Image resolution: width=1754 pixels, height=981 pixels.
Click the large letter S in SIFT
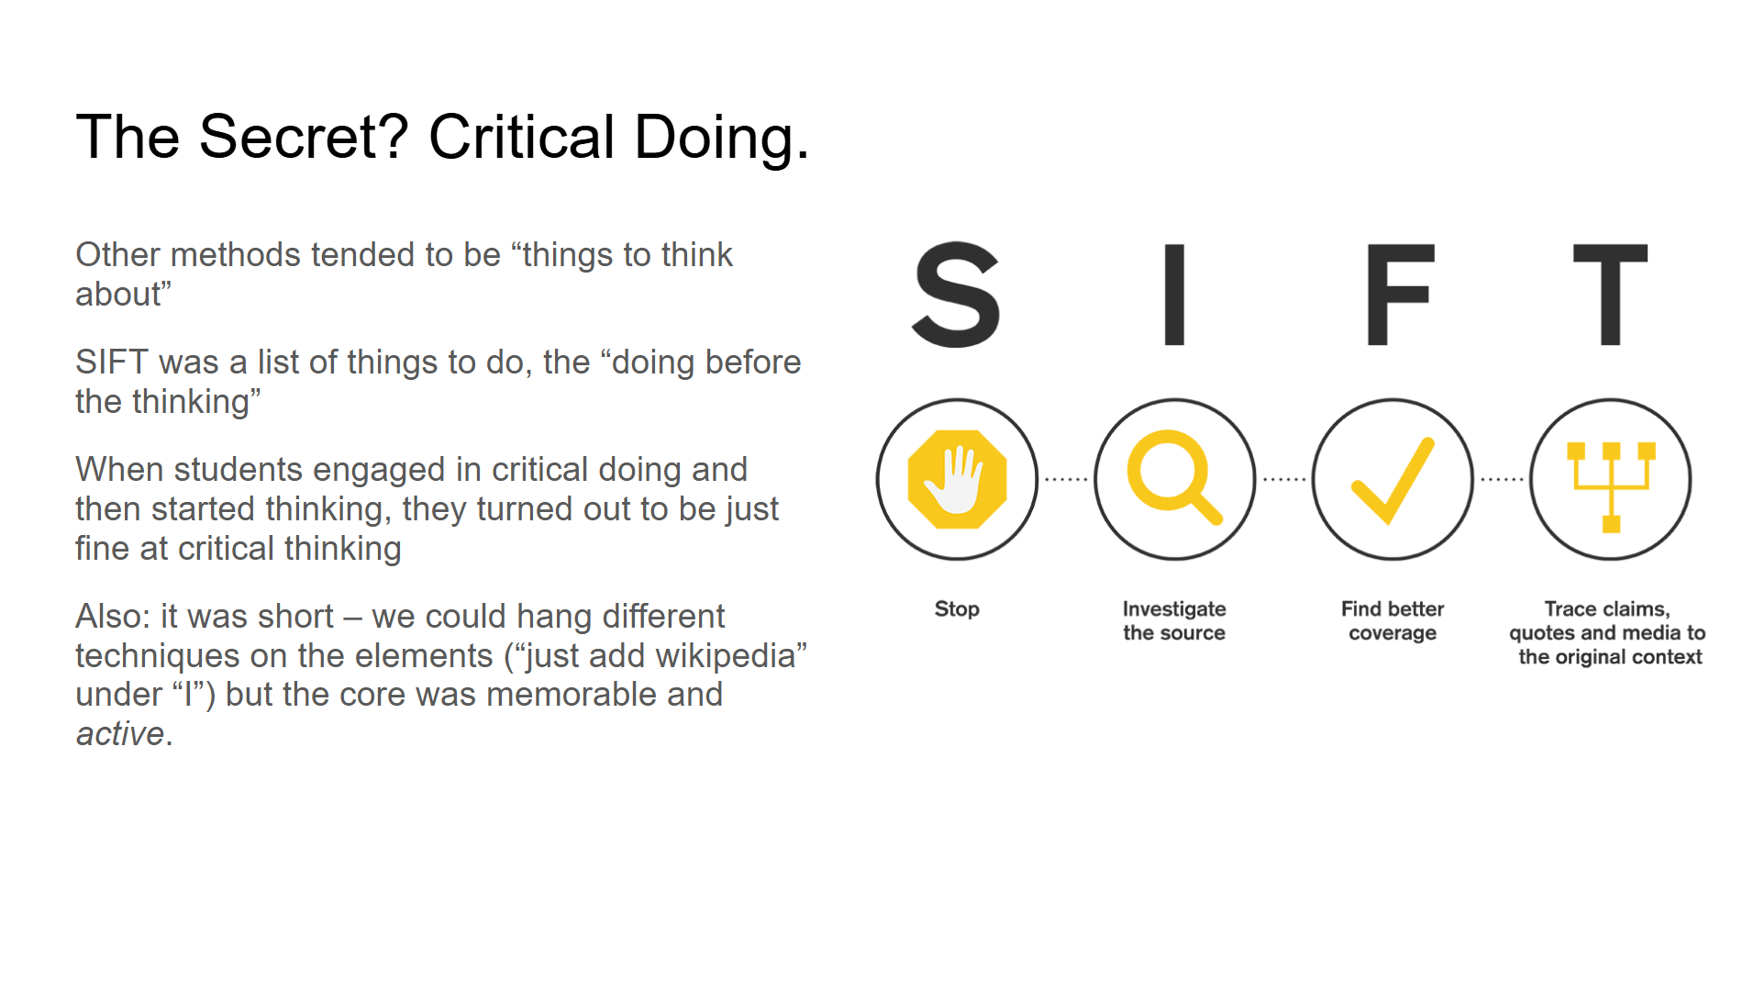pyautogui.click(x=956, y=295)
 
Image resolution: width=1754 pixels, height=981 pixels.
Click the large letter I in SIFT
pyautogui.click(x=1174, y=295)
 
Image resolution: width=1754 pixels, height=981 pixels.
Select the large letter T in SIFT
pyautogui.click(x=1610, y=295)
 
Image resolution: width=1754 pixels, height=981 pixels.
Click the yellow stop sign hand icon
pyautogui.click(x=957, y=479)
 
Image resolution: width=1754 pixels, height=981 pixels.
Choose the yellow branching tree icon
pyautogui.click(x=1611, y=485)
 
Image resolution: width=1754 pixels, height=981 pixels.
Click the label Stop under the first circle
pyautogui.click(x=957, y=608)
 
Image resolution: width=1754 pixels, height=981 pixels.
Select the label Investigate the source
pyautogui.click(x=1174, y=620)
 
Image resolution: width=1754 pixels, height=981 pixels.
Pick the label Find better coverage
pyautogui.click(x=1393, y=620)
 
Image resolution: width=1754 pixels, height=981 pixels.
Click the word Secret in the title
pyautogui.click(x=303, y=138)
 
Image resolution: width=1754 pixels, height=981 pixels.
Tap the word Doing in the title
pyautogui.click(x=721, y=138)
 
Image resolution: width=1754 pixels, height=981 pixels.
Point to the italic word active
pyautogui.click(x=120, y=734)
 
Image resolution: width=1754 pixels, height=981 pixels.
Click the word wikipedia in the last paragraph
pyautogui.click(x=707, y=655)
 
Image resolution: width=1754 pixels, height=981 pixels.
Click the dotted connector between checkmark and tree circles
pyautogui.click(x=1502, y=479)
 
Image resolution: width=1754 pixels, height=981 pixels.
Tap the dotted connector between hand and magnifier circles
pyautogui.click(x=1066, y=479)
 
